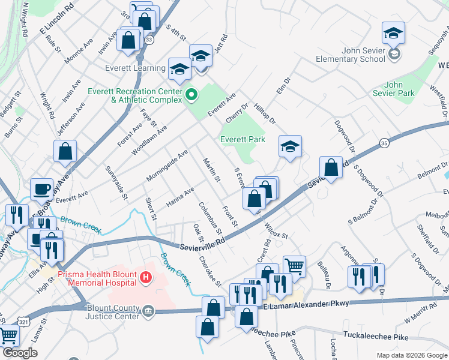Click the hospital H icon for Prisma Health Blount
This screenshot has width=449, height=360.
pyautogui.click(x=145, y=277)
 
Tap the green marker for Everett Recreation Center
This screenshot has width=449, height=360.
pyautogui.click(x=191, y=94)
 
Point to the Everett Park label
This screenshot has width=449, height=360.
pyautogui.click(x=243, y=139)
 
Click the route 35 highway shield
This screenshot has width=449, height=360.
pyautogui.click(x=384, y=142)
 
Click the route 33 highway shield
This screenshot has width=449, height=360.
pyautogui.click(x=149, y=39)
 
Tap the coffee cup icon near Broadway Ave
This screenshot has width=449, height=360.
pyautogui.click(x=42, y=189)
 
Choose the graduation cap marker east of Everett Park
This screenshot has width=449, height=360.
pyautogui.click(x=290, y=146)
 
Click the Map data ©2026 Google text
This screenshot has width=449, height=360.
pyautogui.click(x=411, y=355)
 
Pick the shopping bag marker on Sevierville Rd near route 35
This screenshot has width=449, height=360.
pyautogui.click(x=331, y=167)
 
